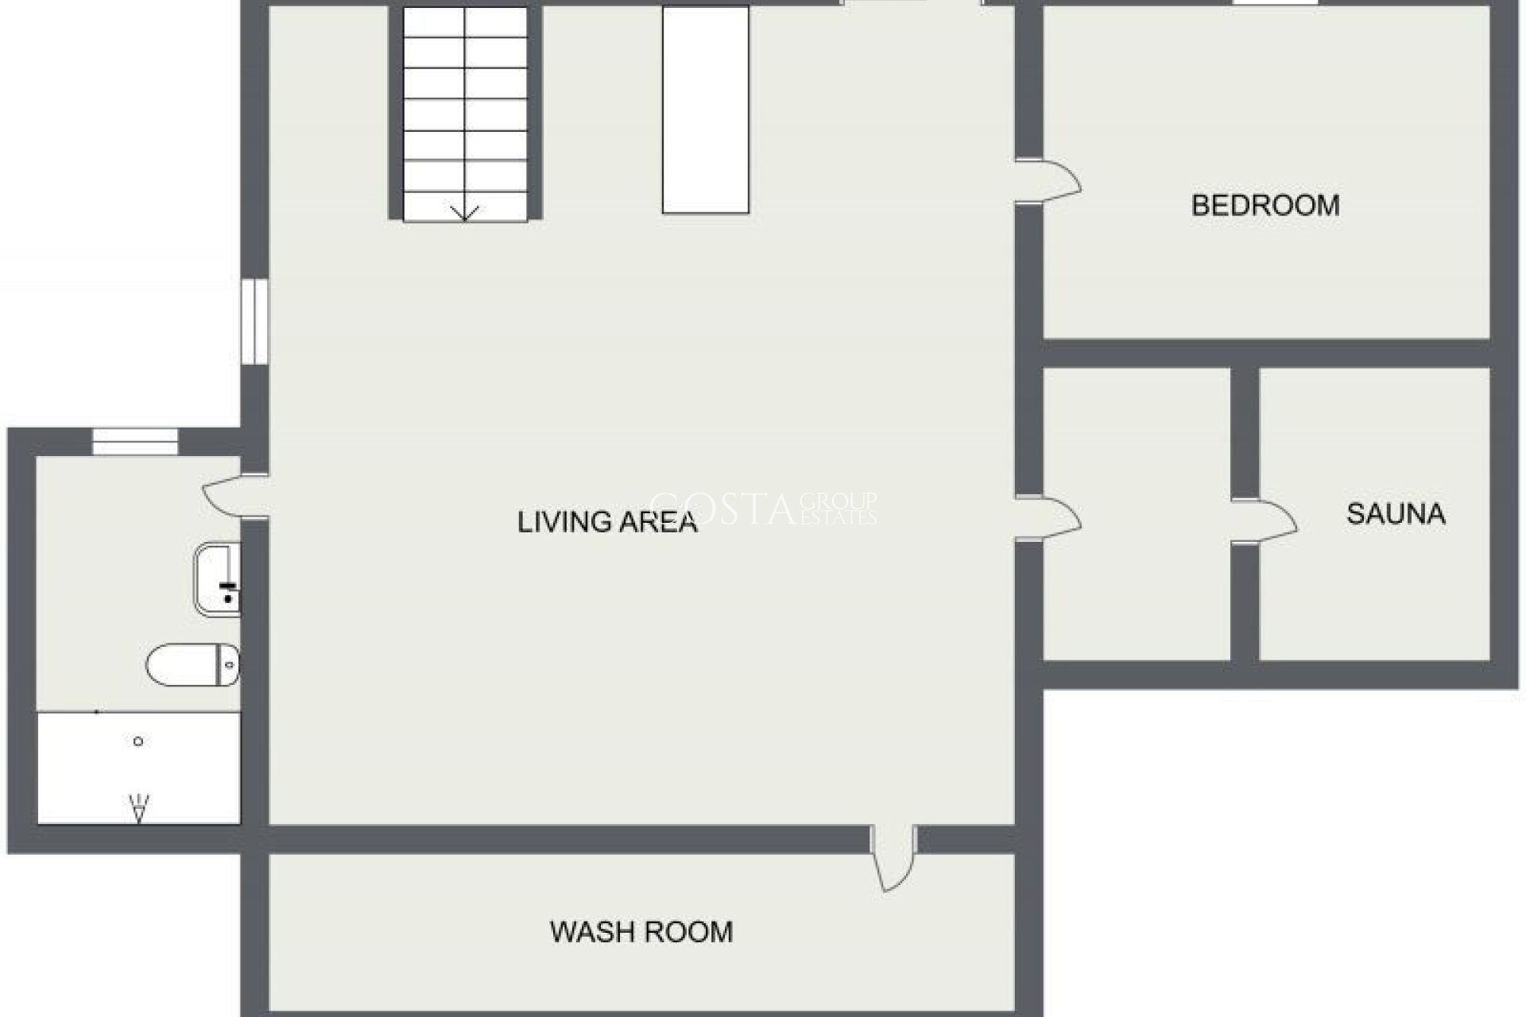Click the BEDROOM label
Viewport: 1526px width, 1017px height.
(x=1265, y=206)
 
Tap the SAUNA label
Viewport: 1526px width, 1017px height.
(x=1396, y=514)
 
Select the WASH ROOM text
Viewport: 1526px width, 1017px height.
(x=641, y=931)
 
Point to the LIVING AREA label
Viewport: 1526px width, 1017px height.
(x=607, y=522)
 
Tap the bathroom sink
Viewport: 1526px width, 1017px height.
(x=217, y=579)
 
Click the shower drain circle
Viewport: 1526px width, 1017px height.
(x=138, y=741)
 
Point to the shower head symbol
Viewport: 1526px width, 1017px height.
(x=139, y=809)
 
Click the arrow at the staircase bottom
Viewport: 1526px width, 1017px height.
(x=465, y=212)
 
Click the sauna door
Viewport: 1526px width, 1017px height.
(x=1265, y=521)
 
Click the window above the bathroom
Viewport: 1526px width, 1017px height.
(x=135, y=442)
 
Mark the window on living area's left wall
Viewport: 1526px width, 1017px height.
(x=254, y=321)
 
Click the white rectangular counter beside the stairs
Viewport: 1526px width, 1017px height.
(x=706, y=110)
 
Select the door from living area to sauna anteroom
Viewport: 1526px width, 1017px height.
(x=1049, y=518)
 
